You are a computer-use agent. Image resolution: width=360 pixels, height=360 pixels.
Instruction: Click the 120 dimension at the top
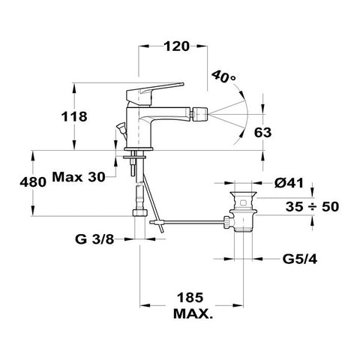(x=176, y=46)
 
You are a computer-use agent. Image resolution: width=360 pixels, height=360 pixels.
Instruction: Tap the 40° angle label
(x=223, y=76)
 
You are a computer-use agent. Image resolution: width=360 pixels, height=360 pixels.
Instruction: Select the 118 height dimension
(x=74, y=117)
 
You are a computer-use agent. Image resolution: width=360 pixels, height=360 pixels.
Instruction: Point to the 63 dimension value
(x=262, y=133)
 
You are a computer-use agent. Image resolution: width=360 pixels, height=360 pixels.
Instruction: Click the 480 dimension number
(x=33, y=182)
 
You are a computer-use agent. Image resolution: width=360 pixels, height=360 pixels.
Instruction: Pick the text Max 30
(x=79, y=177)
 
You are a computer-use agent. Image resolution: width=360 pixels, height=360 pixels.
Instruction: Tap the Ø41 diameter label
(x=289, y=183)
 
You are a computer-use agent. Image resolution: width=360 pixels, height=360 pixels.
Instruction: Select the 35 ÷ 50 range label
(x=312, y=207)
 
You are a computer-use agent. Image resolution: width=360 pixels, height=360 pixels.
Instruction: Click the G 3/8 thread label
(x=94, y=239)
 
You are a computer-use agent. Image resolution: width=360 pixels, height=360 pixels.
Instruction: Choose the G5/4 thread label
(x=300, y=259)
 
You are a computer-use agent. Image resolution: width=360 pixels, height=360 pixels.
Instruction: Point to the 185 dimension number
(x=190, y=298)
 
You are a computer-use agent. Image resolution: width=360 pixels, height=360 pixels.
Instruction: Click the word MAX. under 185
(x=193, y=313)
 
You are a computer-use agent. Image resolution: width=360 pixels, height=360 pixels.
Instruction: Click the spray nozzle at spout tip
(x=199, y=114)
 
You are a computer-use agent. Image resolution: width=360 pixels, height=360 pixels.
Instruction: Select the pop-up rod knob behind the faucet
(x=121, y=127)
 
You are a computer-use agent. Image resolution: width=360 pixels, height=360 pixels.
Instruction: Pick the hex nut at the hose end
(x=139, y=212)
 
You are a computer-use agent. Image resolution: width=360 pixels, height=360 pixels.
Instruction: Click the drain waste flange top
(x=243, y=193)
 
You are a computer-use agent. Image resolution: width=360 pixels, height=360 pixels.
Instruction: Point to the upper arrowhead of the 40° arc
(x=241, y=94)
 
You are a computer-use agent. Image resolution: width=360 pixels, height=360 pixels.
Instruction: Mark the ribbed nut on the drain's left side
(x=227, y=223)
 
